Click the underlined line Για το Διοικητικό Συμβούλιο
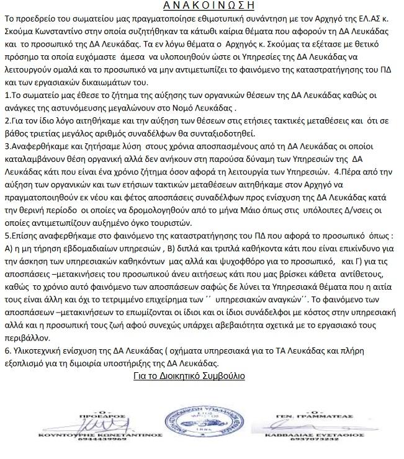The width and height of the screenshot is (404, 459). [x=189, y=375]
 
